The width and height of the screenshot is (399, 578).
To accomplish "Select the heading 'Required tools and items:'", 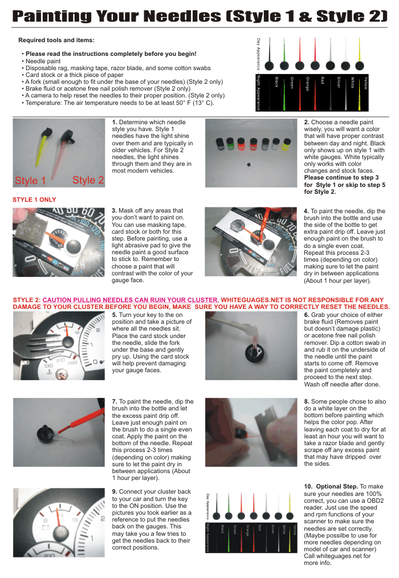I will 56,40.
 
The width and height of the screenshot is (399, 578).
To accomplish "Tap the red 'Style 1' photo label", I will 30,181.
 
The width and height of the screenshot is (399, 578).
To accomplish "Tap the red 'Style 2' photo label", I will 88,180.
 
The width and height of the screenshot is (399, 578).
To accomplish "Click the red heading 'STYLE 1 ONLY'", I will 34,200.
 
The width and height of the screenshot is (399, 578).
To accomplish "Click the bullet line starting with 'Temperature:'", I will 120,103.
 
